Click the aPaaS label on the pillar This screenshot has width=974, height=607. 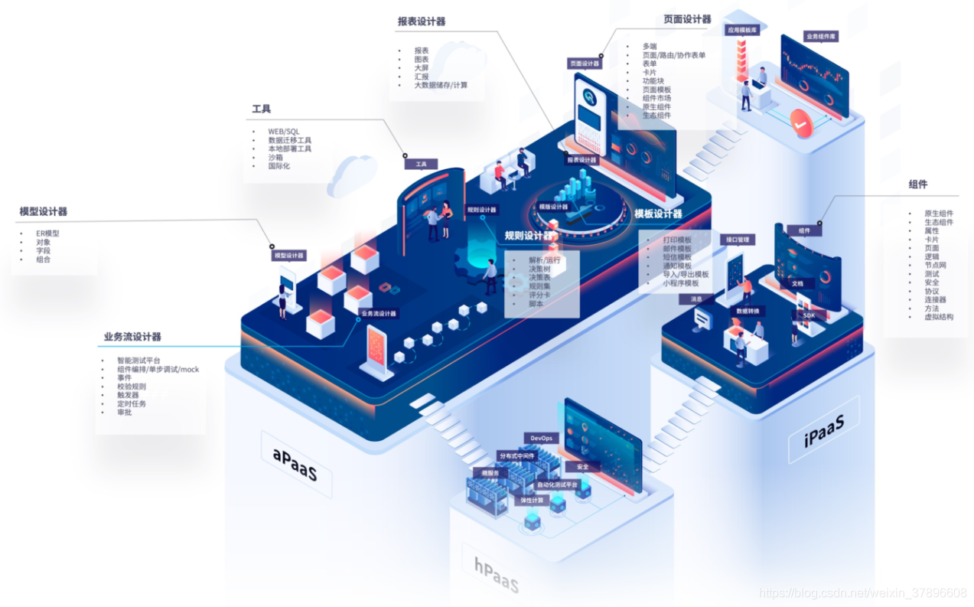[295, 463]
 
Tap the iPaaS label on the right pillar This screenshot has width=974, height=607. [823, 430]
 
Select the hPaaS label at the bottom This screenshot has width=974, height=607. [496, 573]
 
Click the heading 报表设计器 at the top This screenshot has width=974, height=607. [422, 21]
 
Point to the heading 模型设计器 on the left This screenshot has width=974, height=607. [44, 211]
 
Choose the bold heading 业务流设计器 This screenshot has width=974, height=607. [132, 337]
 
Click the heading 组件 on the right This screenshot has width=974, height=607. [918, 184]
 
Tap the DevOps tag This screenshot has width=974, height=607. [540, 438]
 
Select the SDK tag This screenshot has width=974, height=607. [809, 315]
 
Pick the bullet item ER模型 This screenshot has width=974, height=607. [47, 233]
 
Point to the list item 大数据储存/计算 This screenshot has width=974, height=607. [441, 85]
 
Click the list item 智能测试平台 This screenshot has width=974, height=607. [138, 361]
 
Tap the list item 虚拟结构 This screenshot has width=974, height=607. [939, 316]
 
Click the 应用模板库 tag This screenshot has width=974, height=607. [741, 31]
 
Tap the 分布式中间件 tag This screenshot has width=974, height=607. [516, 456]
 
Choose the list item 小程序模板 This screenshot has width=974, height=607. [686, 282]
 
